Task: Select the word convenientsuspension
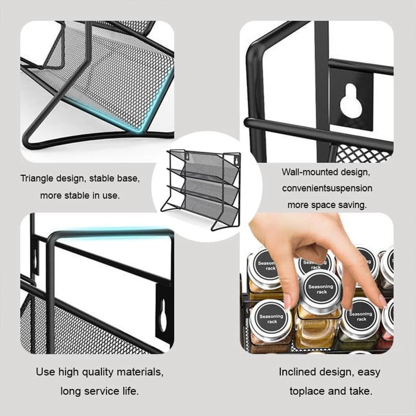coord(327,188)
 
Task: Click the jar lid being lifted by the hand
coord(321,289)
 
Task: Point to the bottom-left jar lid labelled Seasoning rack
coord(271,319)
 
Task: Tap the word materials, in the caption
coord(140,372)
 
